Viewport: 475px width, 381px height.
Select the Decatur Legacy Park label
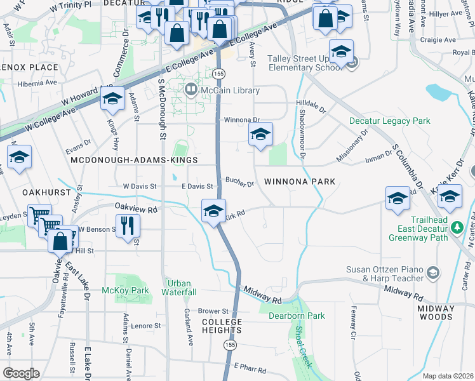[x=389, y=121]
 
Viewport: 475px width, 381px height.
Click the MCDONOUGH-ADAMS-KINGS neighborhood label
[x=134, y=160]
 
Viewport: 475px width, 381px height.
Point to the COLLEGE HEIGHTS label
[x=222, y=326]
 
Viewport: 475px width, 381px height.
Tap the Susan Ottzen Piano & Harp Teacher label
[x=384, y=274]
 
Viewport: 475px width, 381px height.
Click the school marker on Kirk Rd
[x=213, y=210]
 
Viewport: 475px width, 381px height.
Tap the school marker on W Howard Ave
[x=112, y=100]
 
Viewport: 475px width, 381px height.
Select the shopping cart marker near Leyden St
[x=39, y=216]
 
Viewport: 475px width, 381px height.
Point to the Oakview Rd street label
[x=135, y=208]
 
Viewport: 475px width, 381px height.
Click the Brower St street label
[x=212, y=311]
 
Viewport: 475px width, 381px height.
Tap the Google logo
[x=21, y=373]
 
